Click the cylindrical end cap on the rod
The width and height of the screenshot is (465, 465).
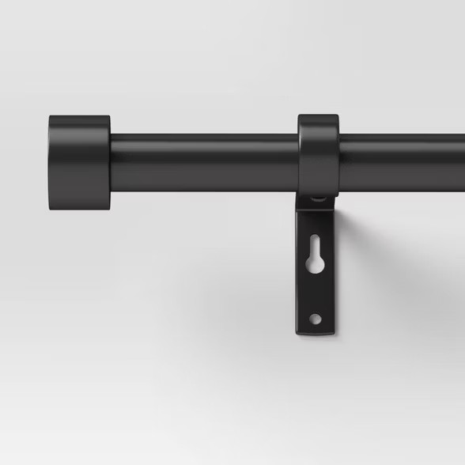coord(79,163)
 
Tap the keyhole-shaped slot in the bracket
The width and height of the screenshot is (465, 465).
coord(315,255)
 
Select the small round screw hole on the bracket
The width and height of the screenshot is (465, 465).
coord(315,319)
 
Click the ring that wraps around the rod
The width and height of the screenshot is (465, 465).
coord(318,155)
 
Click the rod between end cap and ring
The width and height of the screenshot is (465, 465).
coord(204,163)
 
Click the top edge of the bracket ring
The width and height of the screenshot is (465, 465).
coord(318,116)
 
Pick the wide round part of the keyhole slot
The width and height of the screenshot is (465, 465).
coord(315,264)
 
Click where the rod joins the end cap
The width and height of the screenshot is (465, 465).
coord(112,163)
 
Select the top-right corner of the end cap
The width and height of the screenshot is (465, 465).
coord(109,117)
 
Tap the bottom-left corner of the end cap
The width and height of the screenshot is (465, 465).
coord(50,209)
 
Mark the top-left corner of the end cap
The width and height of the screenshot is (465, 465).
coord(50,118)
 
